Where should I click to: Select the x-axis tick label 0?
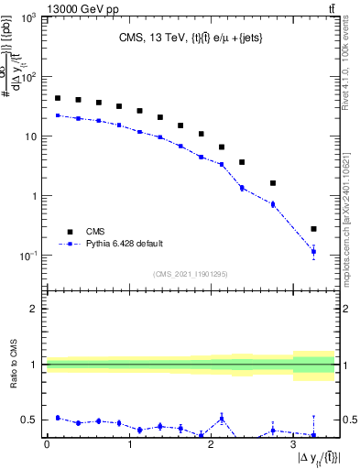pos(47,444)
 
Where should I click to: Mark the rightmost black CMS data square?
pos(313,229)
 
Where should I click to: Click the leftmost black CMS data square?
pos(57,98)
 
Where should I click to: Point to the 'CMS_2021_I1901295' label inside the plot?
pos(190,274)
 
